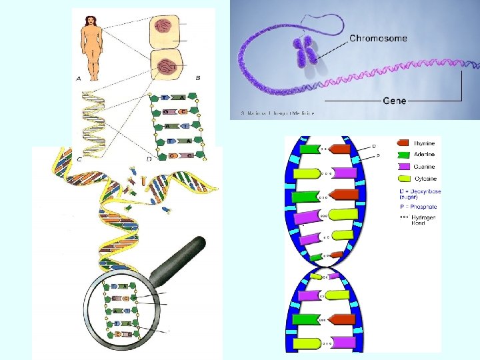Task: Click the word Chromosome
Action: pos(378,39)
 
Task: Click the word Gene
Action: pos(394,101)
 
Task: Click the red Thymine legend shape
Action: pos(405,142)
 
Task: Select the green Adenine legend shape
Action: pos(405,154)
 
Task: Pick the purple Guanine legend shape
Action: pos(405,166)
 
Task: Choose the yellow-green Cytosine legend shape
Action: pos(405,178)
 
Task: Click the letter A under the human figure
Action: pos(79,78)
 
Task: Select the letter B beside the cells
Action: pos(198,78)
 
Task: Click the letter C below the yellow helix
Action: pos(79,159)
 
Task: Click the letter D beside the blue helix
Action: pos(373,145)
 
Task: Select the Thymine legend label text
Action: pos(425,142)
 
